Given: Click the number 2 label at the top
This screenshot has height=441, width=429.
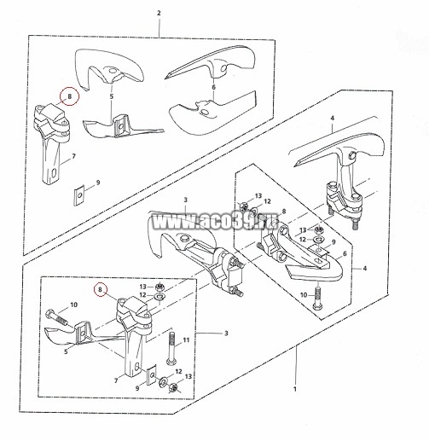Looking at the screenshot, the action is point(159,13).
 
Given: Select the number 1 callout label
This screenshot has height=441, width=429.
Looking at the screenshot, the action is point(295,389).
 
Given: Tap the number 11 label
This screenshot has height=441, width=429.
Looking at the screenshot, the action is point(186,339).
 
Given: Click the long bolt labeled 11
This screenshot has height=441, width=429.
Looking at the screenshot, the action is point(171,348).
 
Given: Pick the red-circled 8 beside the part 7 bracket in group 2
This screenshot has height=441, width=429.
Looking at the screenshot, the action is point(70,96).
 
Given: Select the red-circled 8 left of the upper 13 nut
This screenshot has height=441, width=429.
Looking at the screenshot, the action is point(100,289).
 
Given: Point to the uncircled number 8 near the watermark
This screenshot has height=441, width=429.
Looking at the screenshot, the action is point(283,212).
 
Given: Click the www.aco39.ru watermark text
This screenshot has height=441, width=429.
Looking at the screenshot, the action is point(215,222).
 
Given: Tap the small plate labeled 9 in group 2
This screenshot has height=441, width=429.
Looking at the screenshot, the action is point(78,195).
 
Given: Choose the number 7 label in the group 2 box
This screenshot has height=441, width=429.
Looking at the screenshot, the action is point(73,156).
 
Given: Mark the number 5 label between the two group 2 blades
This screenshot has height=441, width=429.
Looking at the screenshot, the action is point(112,96).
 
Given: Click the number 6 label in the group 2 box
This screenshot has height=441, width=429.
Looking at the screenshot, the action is point(214,87).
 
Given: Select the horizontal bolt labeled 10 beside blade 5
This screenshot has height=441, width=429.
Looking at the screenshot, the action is point(56,316).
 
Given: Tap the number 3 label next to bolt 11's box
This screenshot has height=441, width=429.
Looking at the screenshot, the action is point(226,333).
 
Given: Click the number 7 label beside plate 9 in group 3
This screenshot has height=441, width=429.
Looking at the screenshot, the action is point(116,380).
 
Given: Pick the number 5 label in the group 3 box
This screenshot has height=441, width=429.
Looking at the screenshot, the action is point(66,351).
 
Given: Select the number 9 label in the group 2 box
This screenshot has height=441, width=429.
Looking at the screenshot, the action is point(98,183).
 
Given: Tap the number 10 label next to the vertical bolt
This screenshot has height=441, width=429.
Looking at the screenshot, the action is point(304,295).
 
